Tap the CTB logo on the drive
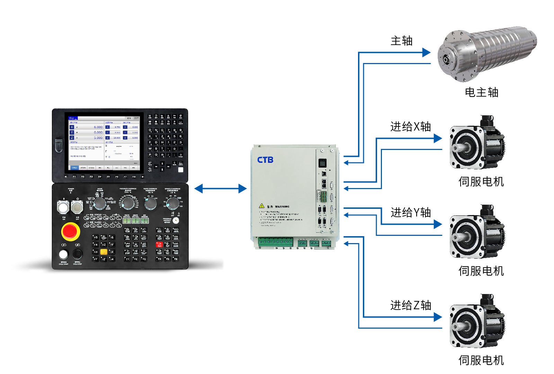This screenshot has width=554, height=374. point(265,160)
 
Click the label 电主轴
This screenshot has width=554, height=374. point(481,92)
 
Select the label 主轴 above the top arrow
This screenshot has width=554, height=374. point(402,41)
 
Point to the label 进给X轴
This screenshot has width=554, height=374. point(410,127)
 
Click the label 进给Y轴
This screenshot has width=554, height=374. point(411,213)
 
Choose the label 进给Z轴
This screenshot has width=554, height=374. point(411,305)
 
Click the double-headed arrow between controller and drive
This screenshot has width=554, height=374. point(221,189)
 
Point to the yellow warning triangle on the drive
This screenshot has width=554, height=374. point(262,206)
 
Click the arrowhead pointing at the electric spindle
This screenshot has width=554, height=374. point(426,53)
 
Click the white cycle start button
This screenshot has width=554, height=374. point(63,255)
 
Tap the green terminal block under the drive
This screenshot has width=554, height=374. point(275,242)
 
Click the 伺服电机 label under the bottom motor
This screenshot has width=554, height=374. point(481,360)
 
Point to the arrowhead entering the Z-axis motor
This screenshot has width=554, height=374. point(438,317)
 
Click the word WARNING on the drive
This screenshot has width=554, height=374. point(282,206)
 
